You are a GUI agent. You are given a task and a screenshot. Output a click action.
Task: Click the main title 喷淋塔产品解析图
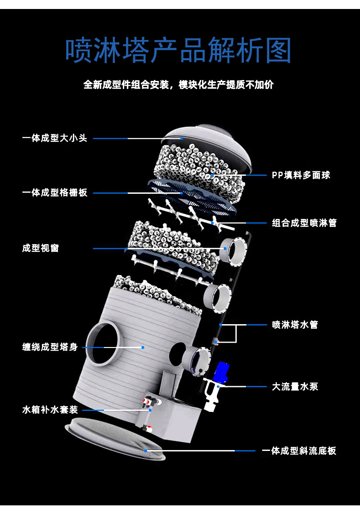(x=179, y=50)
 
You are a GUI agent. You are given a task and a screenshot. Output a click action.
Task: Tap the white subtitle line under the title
(x=179, y=85)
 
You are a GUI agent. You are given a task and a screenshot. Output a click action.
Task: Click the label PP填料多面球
(x=301, y=175)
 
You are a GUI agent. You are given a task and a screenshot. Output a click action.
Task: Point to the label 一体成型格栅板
(x=55, y=193)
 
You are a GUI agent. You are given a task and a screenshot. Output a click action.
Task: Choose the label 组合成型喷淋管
(x=304, y=223)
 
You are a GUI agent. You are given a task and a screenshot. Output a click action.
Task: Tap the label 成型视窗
(x=40, y=248)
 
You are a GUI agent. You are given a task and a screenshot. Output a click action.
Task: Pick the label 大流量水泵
(x=295, y=386)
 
